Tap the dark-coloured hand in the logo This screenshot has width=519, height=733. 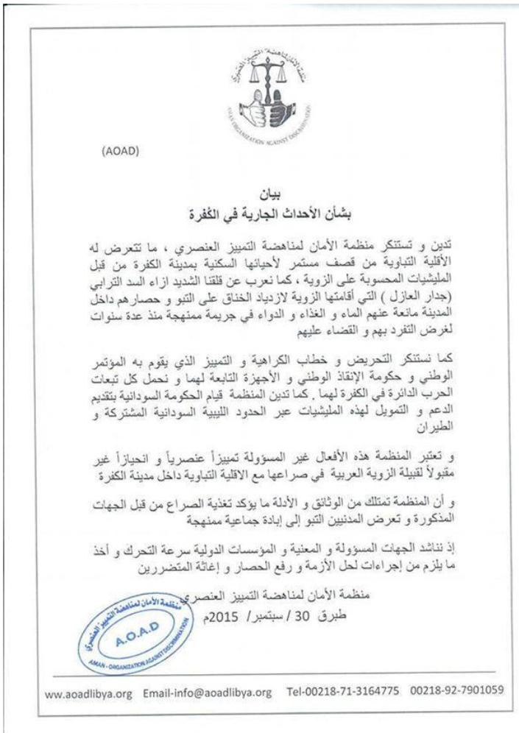279,109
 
